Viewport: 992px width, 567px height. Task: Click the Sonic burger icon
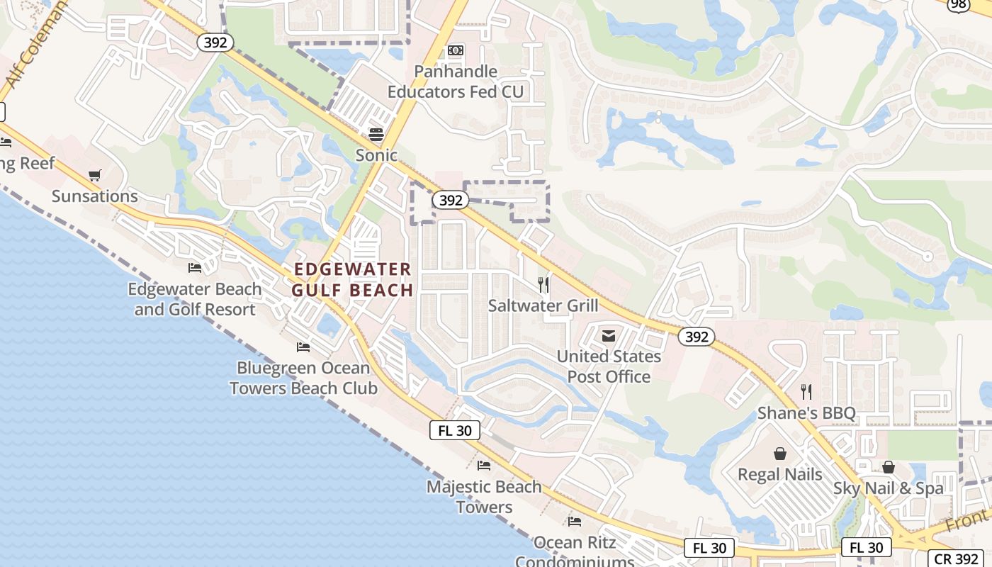click(376, 135)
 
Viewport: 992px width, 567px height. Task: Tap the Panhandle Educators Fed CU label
click(456, 82)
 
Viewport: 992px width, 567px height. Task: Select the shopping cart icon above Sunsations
click(95, 175)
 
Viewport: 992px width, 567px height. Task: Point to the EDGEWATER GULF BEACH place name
click(352, 279)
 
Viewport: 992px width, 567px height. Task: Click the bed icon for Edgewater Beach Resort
click(194, 268)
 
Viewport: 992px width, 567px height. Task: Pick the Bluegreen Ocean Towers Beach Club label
click(303, 378)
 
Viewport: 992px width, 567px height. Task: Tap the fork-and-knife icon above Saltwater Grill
click(543, 285)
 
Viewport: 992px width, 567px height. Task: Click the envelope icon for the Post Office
click(609, 336)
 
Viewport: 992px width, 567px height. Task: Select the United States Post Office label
click(609, 366)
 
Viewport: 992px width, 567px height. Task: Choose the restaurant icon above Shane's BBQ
click(806, 392)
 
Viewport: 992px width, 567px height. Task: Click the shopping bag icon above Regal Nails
click(780, 454)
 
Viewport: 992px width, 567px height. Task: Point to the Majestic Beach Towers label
click(484, 497)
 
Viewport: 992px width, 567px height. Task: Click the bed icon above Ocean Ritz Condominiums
click(575, 522)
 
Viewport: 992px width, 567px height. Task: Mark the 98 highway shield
click(959, 4)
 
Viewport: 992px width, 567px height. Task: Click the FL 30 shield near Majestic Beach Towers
click(455, 430)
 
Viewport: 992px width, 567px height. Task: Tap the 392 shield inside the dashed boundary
click(451, 201)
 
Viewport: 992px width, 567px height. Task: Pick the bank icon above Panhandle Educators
click(456, 50)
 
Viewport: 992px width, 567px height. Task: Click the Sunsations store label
click(95, 196)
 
